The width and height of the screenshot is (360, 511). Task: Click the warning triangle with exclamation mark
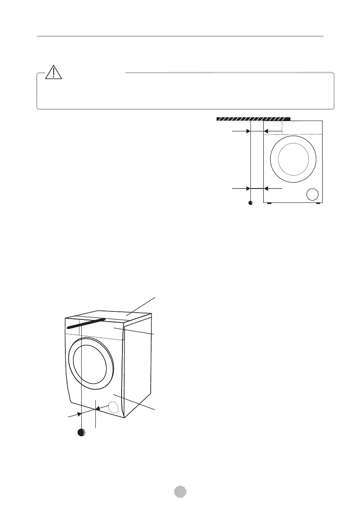[53, 73]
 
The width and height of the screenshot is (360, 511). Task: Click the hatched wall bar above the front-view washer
[253, 118]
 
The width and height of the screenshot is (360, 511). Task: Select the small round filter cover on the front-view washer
[313, 194]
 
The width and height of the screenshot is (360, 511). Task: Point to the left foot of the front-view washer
[268, 203]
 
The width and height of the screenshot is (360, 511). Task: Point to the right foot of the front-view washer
[318, 203]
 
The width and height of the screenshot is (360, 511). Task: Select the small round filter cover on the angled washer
[113, 407]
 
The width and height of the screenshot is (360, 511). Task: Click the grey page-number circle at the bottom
[180, 491]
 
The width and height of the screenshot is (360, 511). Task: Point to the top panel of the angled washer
[129, 316]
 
